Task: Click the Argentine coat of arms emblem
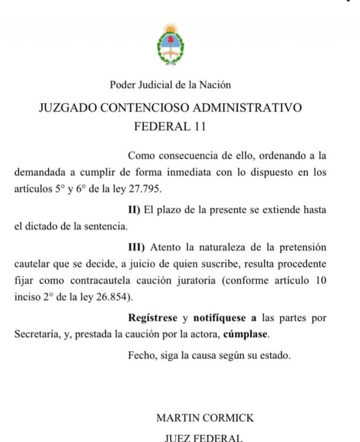pyautogui.click(x=170, y=46)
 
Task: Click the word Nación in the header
pyautogui.click(x=215, y=85)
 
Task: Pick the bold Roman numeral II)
pyautogui.click(x=134, y=209)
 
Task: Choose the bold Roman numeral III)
pyautogui.click(x=136, y=245)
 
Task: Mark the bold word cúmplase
pyautogui.click(x=246, y=335)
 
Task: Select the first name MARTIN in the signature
pyautogui.click(x=176, y=418)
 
